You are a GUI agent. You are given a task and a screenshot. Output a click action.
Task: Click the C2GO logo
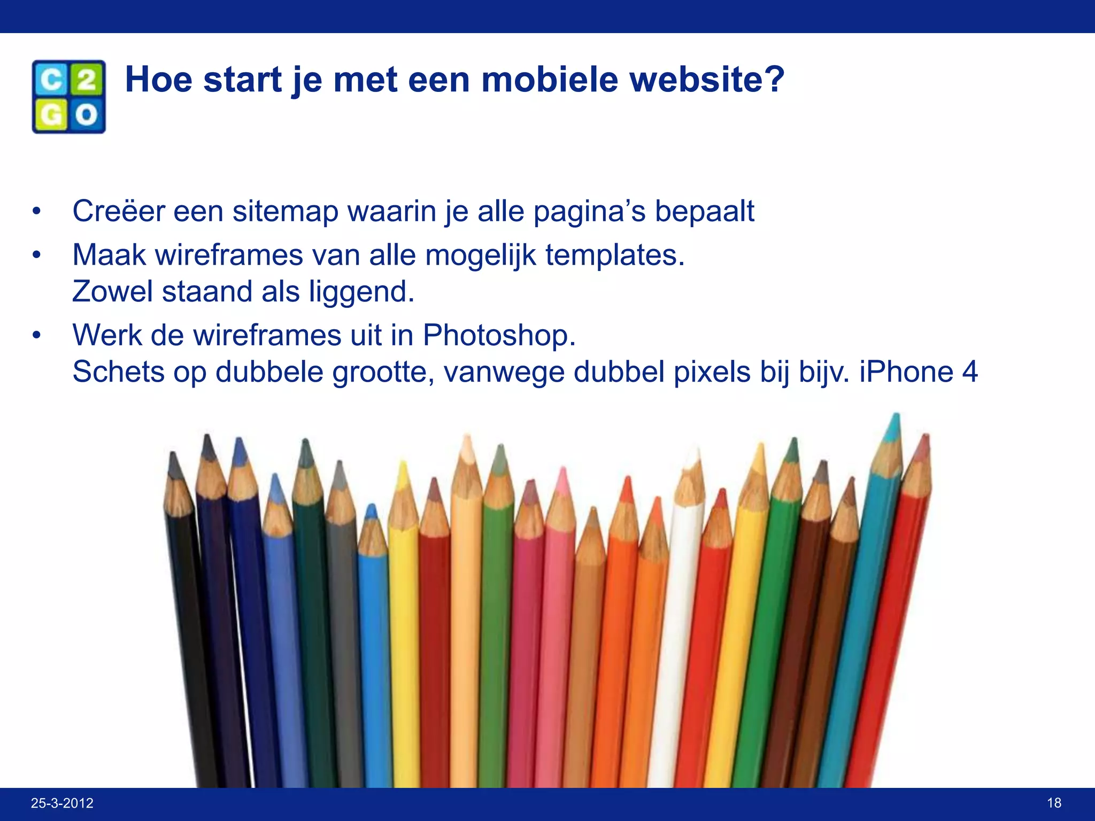[68, 97]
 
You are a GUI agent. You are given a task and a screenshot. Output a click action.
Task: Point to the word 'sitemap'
[286, 211]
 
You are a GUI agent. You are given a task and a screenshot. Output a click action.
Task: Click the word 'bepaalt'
[704, 211]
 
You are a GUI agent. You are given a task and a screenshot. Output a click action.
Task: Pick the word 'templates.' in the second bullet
[615, 255]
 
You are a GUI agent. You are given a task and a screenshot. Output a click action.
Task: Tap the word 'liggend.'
[361, 292]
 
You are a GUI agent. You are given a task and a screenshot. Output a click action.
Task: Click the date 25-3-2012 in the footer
[62, 803]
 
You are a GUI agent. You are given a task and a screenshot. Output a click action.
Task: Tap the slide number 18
[1054, 803]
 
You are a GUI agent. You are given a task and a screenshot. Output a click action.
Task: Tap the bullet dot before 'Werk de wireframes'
[36, 336]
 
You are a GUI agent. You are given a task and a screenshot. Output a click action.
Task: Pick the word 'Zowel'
[112, 292]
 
